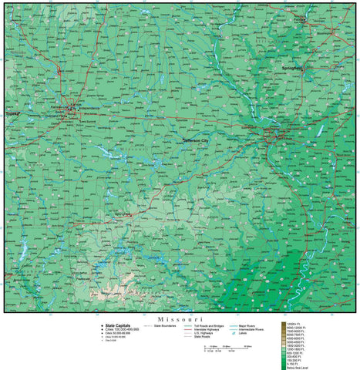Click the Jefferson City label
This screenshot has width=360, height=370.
pyautogui.click(x=198, y=141)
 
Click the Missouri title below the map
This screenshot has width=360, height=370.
pyautogui.click(x=180, y=318)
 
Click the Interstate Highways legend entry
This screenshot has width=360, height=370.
pyautogui.click(x=210, y=330)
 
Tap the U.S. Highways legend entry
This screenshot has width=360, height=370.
pyautogui.click(x=207, y=334)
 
